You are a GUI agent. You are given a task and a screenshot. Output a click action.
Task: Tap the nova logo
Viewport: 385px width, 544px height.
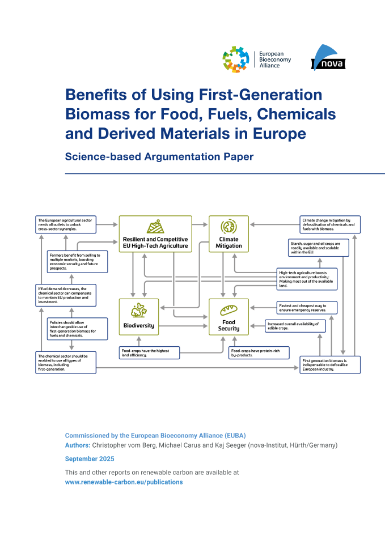point(328,59)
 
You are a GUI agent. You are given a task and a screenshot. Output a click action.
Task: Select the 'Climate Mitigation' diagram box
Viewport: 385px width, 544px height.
point(229,233)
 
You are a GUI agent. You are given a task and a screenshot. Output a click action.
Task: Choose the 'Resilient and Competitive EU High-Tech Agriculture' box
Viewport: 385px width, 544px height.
point(155,233)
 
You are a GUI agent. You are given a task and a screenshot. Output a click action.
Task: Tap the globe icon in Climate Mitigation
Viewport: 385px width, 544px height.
point(229,227)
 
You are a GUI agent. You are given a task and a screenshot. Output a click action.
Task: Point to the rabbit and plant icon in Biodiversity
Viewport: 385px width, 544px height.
point(138,311)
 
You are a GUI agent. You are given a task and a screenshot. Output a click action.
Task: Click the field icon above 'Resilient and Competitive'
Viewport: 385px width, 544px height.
point(155,227)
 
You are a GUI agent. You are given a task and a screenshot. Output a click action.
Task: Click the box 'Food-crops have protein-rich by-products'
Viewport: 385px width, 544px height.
point(259,353)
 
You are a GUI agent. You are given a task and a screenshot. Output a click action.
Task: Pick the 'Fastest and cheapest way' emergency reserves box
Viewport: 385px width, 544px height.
point(307,308)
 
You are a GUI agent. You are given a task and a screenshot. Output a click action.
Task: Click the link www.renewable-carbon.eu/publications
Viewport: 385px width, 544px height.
point(124,482)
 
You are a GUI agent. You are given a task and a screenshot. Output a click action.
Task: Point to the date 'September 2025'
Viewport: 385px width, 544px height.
point(90,458)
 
